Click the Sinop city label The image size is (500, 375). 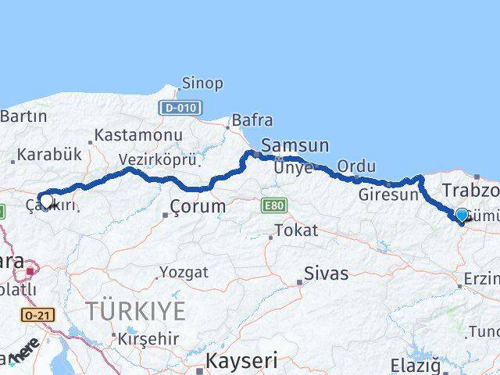point(202,83)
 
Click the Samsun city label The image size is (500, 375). point(295,145)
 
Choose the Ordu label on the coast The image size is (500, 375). point(356,166)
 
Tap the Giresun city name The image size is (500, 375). point(388,195)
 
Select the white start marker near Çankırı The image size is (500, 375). point(46,201)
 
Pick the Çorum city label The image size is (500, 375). point(198,207)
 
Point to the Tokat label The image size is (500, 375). point(296,230)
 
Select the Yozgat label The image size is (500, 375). point(184,273)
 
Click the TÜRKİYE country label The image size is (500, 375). point(136,312)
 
